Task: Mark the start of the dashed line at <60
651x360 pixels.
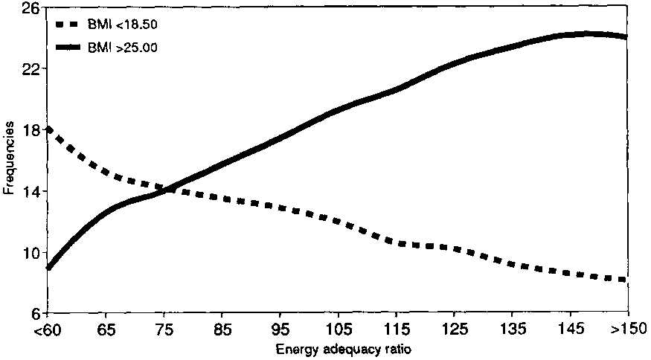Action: point(48,129)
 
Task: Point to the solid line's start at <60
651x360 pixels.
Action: point(48,267)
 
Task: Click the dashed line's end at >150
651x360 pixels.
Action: point(626,280)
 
